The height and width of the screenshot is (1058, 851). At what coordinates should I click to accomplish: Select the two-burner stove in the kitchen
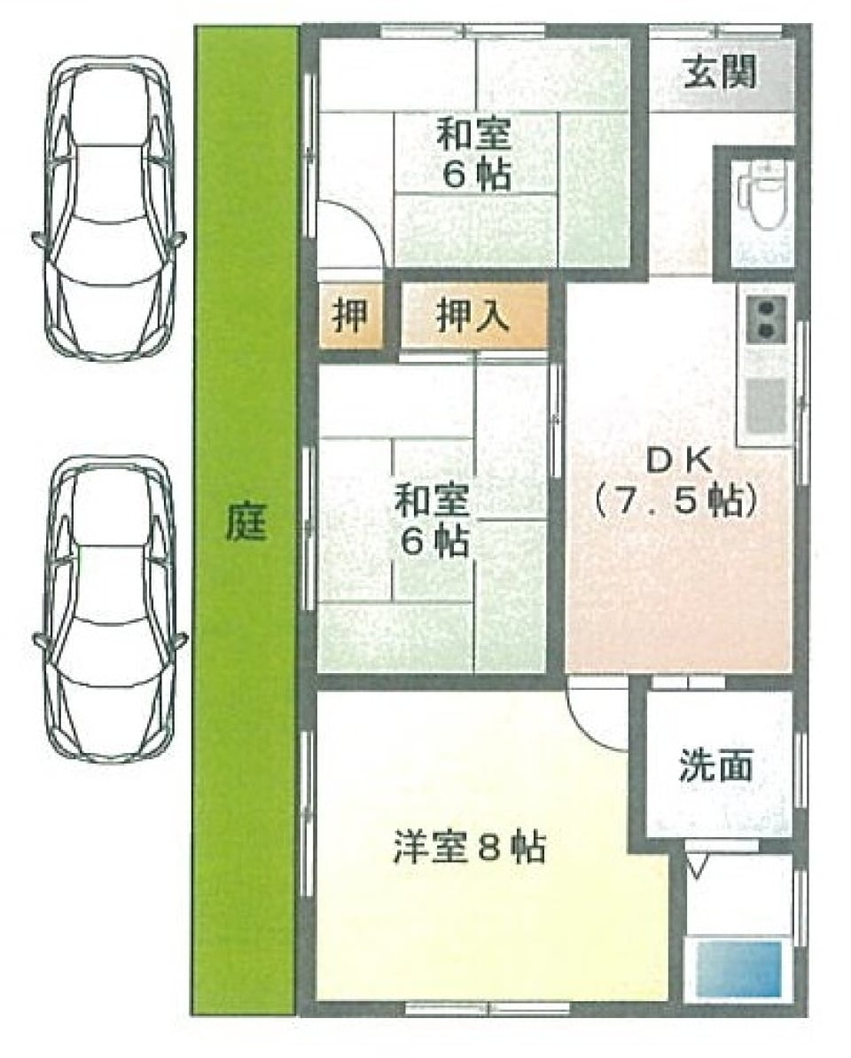coord(765,318)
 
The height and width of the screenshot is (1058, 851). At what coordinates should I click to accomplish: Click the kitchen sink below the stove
coord(765,404)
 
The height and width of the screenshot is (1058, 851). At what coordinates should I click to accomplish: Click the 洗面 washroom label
coord(716,764)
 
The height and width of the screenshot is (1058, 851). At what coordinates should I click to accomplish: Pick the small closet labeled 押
coord(351,316)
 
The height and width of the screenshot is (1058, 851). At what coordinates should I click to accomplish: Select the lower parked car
coord(108,610)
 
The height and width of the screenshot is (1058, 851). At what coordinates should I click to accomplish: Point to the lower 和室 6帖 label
coord(432,520)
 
